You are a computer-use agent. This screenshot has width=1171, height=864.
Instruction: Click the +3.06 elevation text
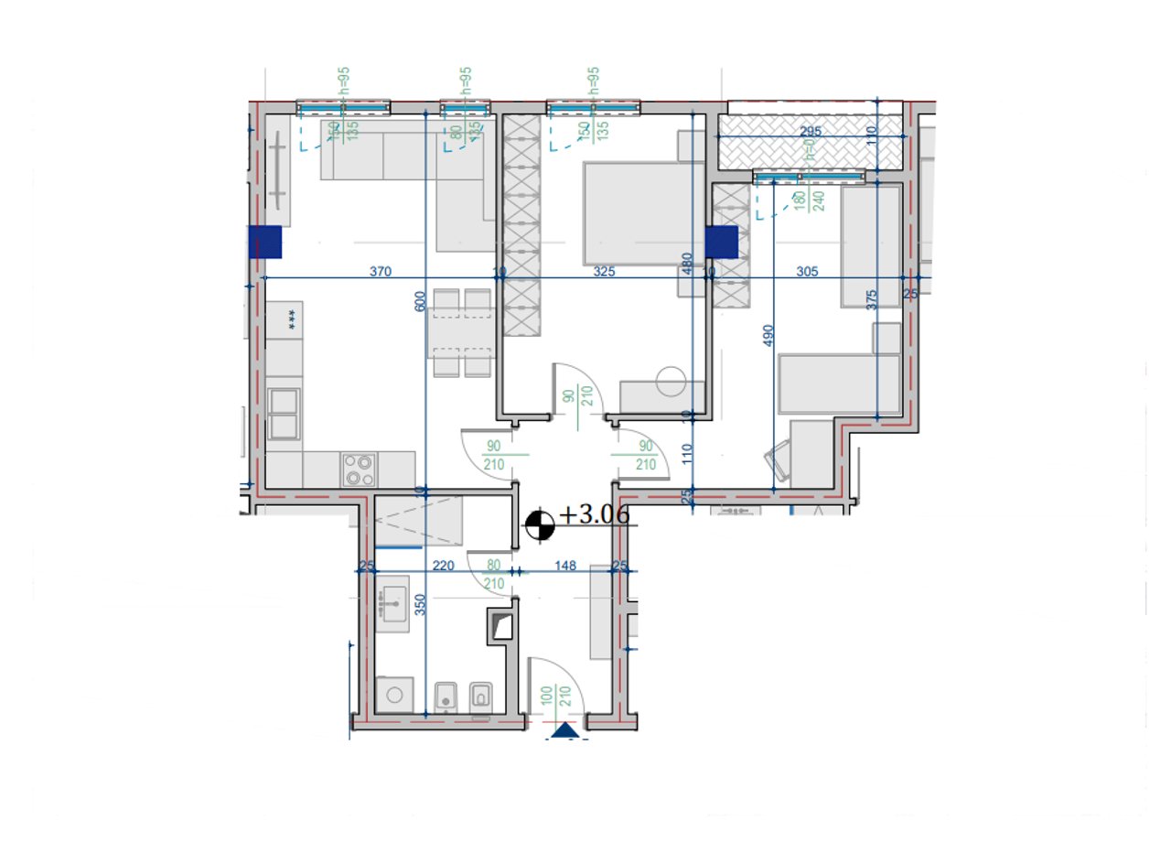tap(595, 515)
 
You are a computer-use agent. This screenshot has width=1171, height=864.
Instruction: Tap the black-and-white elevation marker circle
tap(540, 524)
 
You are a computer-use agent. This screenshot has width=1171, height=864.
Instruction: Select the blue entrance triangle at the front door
tap(565, 729)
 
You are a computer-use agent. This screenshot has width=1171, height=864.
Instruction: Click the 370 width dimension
tap(381, 271)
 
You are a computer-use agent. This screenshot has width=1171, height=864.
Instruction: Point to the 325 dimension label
tap(604, 271)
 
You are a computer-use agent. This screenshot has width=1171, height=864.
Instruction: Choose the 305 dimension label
tap(806, 271)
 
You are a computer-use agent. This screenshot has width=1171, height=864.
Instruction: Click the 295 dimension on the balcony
tap(811, 132)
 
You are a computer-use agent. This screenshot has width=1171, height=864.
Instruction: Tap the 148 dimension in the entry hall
tap(564, 566)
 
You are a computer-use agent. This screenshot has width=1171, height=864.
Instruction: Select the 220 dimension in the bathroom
tap(443, 566)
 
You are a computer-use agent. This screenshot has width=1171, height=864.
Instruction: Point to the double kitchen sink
tap(284, 414)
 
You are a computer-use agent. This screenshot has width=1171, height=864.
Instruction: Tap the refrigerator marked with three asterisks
tap(291, 319)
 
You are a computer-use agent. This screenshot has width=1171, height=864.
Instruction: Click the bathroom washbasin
tap(395, 603)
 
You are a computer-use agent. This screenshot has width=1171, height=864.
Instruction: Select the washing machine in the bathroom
tap(395, 695)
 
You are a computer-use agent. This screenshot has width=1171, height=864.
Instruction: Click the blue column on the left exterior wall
tap(265, 243)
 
